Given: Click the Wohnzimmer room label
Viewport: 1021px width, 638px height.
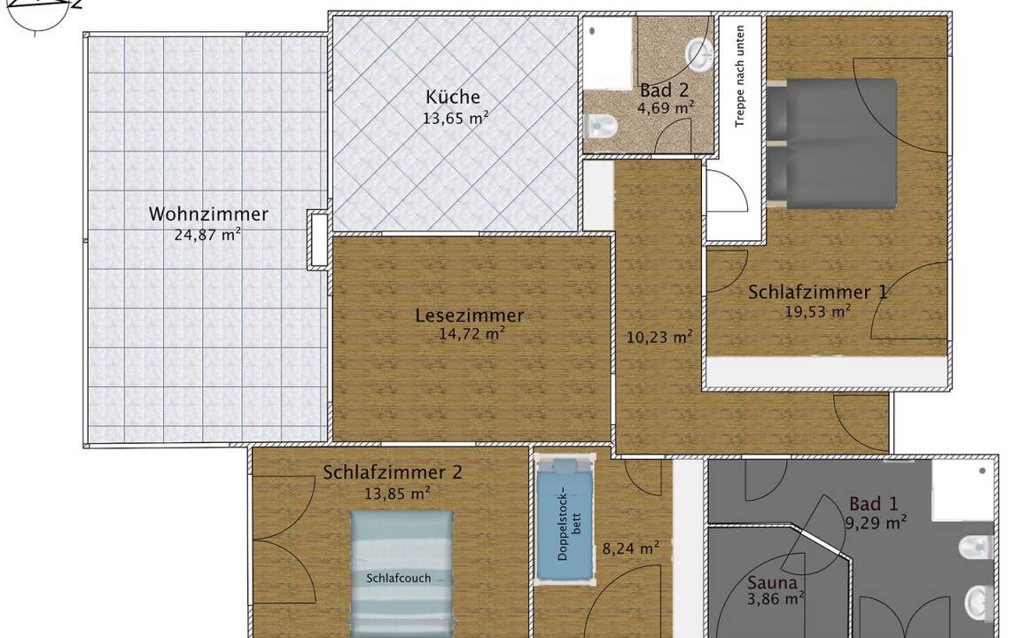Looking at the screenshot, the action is tap(208, 214).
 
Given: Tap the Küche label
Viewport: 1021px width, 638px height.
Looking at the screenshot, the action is tap(453, 97).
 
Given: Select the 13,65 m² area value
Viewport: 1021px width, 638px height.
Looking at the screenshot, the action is tap(456, 119).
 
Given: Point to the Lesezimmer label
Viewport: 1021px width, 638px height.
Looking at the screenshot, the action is tap(470, 315).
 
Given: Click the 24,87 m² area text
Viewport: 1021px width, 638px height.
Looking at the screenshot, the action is tap(207, 234).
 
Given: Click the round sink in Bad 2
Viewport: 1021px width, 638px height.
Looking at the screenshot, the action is tap(701, 54).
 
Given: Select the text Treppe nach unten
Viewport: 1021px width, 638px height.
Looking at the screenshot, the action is tap(739, 76).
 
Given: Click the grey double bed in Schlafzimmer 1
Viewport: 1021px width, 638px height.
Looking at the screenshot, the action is tap(831, 144).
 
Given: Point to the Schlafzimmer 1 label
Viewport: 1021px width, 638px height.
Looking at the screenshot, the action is tap(817, 292).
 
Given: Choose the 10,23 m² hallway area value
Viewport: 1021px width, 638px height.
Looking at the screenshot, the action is tap(659, 338).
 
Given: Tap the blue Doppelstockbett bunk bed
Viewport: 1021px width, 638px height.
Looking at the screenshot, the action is tap(565, 518).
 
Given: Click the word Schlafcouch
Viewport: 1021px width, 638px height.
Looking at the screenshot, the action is tap(399, 578).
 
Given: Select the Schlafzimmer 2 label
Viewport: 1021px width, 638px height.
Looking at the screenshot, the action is tap(393, 472).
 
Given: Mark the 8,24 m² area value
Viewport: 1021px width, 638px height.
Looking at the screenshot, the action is tap(630, 549).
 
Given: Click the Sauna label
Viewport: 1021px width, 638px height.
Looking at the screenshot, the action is tap(772, 583).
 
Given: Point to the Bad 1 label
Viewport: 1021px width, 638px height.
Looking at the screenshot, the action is tap(874, 503).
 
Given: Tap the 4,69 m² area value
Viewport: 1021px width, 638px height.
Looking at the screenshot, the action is tap(665, 108).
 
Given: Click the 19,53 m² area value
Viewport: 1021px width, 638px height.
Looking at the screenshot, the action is tap(817, 312).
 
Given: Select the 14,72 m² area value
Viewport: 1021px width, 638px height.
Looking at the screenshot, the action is tap(472, 335).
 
